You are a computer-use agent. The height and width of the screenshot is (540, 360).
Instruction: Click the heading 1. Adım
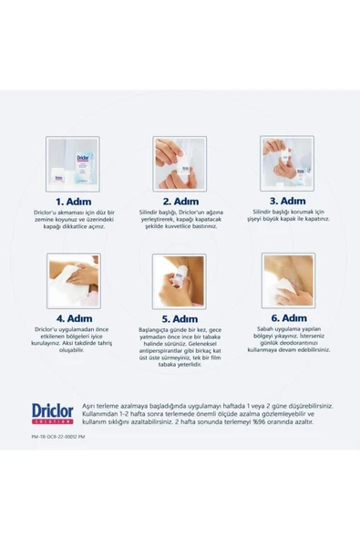[x=72, y=200]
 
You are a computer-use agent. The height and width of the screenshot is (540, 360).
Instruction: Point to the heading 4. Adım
[x=72, y=318]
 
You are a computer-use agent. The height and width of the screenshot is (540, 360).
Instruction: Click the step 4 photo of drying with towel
[x=72, y=280]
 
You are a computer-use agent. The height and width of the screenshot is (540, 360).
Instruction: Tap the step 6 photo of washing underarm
[x=286, y=280]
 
